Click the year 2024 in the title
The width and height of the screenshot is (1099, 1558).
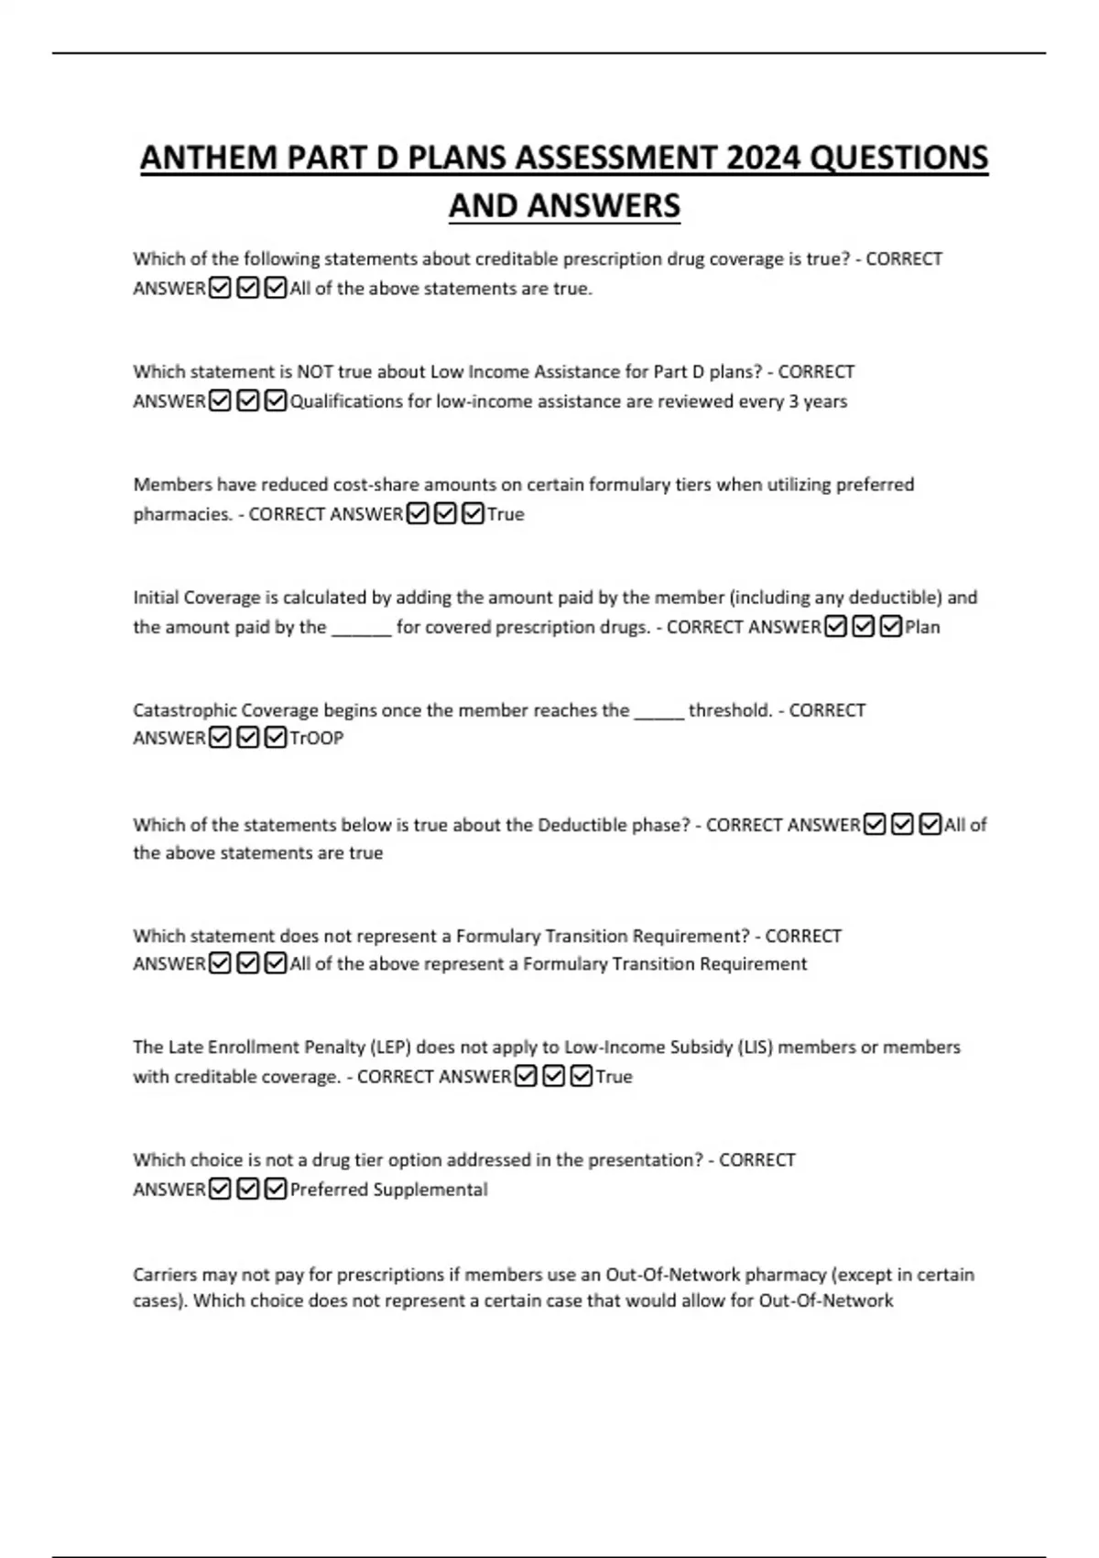[x=765, y=159]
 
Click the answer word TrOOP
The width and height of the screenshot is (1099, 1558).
[x=316, y=739]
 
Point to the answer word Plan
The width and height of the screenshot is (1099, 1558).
[x=922, y=628]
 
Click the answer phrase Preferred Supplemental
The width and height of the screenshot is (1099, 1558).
[x=388, y=1190]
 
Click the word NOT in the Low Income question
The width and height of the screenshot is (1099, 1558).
[x=315, y=372]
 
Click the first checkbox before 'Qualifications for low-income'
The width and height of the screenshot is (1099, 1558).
[x=220, y=401]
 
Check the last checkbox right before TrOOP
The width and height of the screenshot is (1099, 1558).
[x=275, y=739]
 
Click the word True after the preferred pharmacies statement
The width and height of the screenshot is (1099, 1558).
[x=506, y=514]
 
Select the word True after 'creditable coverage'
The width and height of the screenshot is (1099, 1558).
[x=614, y=1077]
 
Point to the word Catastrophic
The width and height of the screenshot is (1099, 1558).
[x=180, y=710]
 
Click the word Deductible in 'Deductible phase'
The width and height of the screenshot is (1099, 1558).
[x=581, y=825]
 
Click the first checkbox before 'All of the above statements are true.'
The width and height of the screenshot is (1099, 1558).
[x=220, y=289]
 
